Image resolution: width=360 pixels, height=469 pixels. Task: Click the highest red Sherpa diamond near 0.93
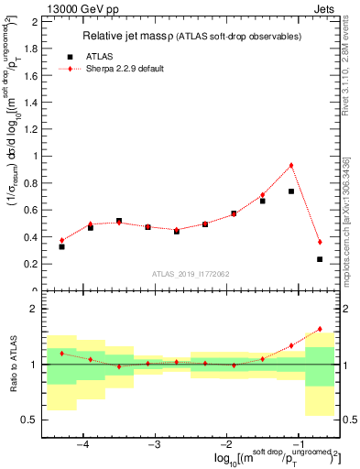(x=291, y=165)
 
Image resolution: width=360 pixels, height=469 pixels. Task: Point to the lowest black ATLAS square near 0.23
(x=320, y=259)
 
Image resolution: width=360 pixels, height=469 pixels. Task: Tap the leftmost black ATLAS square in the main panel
(x=61, y=246)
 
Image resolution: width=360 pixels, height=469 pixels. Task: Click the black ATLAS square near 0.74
(x=291, y=191)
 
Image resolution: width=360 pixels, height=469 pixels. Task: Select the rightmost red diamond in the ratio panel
(x=320, y=329)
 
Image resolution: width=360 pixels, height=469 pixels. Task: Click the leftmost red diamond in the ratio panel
(x=61, y=353)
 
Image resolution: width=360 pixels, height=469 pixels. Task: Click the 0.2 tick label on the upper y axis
(x=30, y=264)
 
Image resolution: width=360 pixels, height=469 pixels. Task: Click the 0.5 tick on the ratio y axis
(x=31, y=420)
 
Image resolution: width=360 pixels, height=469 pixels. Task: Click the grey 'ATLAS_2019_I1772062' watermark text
(x=191, y=273)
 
